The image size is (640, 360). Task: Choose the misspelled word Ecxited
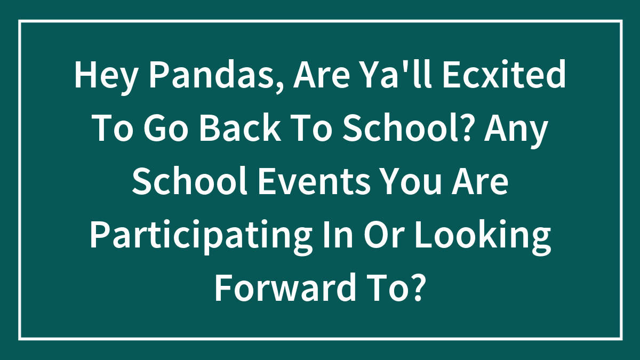505,74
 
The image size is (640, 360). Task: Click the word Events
314,181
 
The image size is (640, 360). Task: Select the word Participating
201,236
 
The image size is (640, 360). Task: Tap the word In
338,234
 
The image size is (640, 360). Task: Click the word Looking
482,236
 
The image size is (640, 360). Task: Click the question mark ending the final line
415,287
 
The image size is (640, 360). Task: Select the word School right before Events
189,181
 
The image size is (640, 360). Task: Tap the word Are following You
480,181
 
